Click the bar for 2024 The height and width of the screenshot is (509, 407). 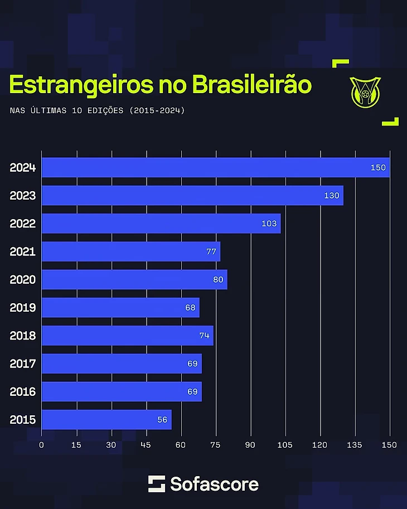tap(216, 167)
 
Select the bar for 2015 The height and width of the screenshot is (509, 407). tap(106, 420)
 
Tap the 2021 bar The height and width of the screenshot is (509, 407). tap(131, 251)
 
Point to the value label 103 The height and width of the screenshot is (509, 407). tap(269, 224)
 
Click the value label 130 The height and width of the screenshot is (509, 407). tap(332, 196)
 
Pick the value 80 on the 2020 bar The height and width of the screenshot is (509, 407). tap(218, 279)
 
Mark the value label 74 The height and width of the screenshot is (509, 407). tap(204, 336)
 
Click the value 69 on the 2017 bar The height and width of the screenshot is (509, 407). tap(192, 363)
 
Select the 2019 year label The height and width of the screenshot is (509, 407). tap(23, 308)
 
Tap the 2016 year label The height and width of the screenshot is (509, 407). tap(23, 392)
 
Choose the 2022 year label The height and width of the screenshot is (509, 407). tap(23, 224)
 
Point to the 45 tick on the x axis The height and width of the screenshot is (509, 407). tap(146, 445)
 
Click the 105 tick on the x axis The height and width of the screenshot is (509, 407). tap(285, 445)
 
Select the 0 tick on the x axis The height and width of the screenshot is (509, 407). tap(42, 445)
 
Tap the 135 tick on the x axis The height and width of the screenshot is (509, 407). tap(355, 445)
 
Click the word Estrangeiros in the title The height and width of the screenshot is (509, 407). tap(81, 85)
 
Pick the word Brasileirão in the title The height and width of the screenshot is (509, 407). tap(251, 85)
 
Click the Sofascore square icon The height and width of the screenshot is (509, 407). tap(157, 484)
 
